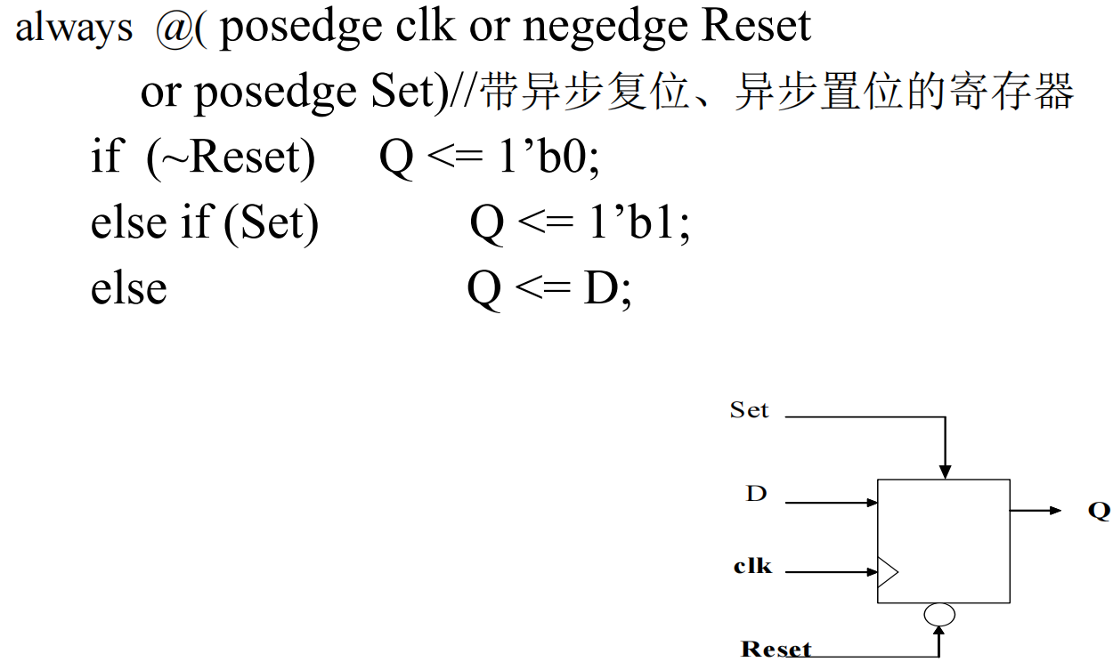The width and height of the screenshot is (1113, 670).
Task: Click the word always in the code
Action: [74, 28]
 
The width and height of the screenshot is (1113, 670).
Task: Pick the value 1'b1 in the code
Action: [638, 223]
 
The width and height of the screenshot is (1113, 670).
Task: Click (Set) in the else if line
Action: [272, 223]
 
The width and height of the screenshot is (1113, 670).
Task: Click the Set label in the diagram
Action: [749, 410]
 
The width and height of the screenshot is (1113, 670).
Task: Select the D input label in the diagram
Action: [756, 493]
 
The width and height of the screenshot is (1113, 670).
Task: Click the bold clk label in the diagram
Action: [752, 565]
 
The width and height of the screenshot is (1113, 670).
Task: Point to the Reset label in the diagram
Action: [776, 649]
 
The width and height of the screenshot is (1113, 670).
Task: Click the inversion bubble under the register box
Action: [940, 614]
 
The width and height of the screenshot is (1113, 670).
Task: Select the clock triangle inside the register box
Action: [888, 571]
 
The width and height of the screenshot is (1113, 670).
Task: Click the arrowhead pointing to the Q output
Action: [1055, 511]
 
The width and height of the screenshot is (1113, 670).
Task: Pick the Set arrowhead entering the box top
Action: [946, 472]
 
